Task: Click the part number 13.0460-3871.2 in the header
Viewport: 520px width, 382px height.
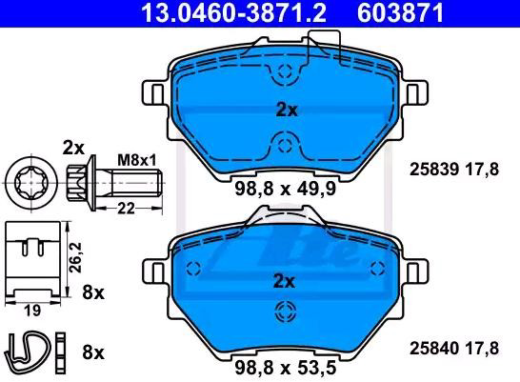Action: pyautogui.click(x=233, y=12)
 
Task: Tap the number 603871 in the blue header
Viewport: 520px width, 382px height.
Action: pyautogui.click(x=400, y=12)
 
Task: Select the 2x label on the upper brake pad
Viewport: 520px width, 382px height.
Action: pyautogui.click(x=287, y=111)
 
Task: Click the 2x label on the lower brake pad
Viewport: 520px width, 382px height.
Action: pyautogui.click(x=284, y=282)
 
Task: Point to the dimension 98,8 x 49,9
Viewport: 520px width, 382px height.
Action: pyautogui.click(x=286, y=189)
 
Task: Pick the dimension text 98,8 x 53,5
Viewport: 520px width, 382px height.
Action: pyautogui.click(x=286, y=368)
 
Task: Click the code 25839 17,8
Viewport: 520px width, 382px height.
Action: pyautogui.click(x=454, y=170)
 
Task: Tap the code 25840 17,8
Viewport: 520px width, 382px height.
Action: pyautogui.click(x=454, y=349)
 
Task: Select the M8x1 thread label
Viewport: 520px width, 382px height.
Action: pyautogui.click(x=137, y=161)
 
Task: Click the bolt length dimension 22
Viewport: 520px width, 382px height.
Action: pyautogui.click(x=127, y=209)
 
